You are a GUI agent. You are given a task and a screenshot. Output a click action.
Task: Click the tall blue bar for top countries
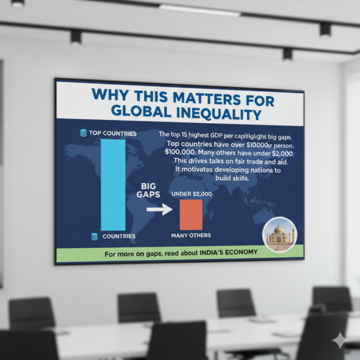[113, 184]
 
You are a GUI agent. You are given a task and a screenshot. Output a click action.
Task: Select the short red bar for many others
[191, 214]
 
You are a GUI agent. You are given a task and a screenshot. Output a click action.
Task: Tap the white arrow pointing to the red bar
[159, 210]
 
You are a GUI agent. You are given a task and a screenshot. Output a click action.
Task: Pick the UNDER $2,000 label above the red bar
[190, 193]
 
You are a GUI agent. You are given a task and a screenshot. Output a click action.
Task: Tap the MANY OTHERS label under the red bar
[191, 236]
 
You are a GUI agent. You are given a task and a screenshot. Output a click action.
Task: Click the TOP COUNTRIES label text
[113, 133]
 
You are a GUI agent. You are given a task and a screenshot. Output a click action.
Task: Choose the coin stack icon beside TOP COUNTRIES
[83, 133]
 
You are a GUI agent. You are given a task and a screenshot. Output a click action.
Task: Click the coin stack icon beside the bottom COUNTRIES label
[94, 237]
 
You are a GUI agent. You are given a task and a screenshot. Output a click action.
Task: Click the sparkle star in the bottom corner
[340, 340]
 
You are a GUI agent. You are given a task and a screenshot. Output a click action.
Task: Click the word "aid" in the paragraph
[267, 161]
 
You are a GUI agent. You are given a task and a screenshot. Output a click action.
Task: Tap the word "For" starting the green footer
[110, 254]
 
